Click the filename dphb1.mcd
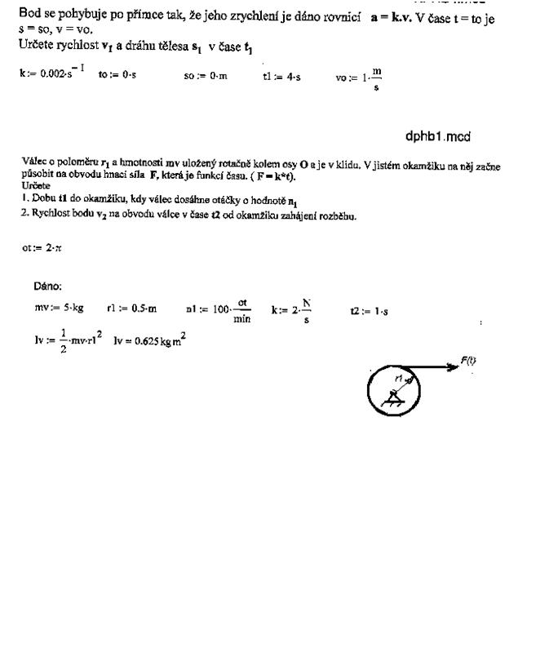point(437,136)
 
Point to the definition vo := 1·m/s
point(359,77)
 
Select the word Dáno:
point(47,286)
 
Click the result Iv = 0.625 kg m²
point(154,340)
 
